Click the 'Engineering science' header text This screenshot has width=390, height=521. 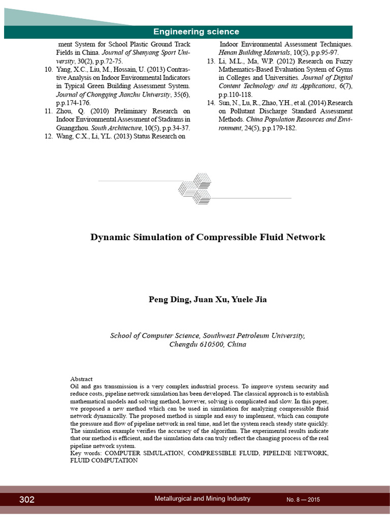(x=196, y=32)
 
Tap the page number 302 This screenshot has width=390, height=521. (x=27, y=500)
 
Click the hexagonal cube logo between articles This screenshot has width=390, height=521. (x=195, y=189)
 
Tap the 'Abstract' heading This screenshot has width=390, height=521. (x=81, y=379)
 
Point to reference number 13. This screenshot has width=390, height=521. (x=211, y=62)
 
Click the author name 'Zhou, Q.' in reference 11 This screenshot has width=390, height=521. (x=68, y=111)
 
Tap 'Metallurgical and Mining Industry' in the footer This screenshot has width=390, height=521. (x=202, y=499)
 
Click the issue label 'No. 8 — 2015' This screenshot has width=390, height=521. (x=303, y=500)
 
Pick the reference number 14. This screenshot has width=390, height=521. (x=211, y=103)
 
